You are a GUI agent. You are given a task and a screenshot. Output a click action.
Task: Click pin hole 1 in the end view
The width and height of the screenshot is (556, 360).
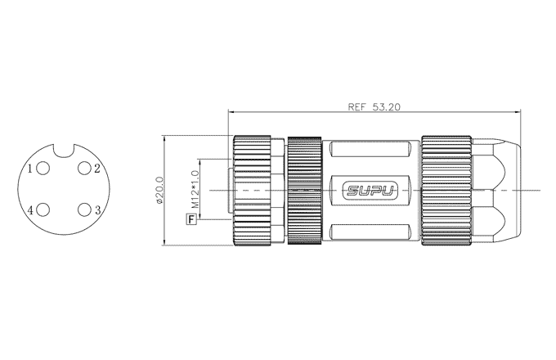coord(43,168)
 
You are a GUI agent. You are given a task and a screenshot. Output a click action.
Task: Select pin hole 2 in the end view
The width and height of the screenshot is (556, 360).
coord(84,168)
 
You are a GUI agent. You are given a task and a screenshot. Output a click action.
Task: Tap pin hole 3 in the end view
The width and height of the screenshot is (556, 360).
coord(84,209)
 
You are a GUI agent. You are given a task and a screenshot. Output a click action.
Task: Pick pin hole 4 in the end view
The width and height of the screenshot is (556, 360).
coord(43,209)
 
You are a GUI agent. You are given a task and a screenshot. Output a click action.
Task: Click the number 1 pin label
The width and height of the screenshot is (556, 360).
coord(30,169)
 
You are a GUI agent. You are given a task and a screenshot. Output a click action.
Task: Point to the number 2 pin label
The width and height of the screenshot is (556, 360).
coord(97,169)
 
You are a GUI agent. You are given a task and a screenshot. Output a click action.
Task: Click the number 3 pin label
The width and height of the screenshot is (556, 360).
coord(97,210)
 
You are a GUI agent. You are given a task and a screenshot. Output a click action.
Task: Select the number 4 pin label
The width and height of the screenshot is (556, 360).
coord(30,210)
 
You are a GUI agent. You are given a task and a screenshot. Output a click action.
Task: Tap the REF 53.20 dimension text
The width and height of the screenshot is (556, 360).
coord(374,106)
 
